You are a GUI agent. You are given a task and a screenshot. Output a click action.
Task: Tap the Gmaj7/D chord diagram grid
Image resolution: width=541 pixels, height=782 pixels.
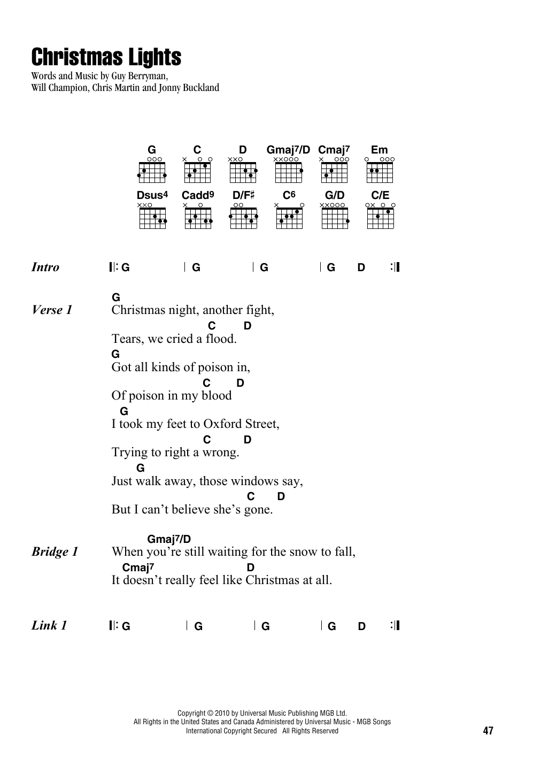(x=289, y=172)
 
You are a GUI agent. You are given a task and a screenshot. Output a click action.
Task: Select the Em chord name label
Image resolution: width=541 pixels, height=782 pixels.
(x=379, y=150)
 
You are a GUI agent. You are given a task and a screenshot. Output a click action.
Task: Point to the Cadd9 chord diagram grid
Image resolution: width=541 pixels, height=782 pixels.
(x=198, y=218)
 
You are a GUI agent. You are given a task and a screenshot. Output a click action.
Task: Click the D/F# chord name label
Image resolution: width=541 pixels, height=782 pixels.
(x=243, y=195)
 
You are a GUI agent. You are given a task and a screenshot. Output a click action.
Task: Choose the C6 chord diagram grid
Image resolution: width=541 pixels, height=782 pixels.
(x=289, y=218)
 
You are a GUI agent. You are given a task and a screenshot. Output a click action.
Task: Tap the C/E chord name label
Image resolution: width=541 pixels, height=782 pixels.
(x=380, y=195)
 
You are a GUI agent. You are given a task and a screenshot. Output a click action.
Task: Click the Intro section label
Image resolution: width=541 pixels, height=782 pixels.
(x=45, y=267)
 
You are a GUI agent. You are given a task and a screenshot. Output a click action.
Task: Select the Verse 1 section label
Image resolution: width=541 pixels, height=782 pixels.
(x=52, y=310)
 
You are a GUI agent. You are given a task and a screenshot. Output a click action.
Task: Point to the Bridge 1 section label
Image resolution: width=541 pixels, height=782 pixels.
(x=55, y=551)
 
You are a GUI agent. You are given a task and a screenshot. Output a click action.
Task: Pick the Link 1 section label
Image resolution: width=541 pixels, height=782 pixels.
(x=49, y=625)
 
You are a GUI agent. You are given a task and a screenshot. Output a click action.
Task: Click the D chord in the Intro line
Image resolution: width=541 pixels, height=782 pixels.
(x=361, y=267)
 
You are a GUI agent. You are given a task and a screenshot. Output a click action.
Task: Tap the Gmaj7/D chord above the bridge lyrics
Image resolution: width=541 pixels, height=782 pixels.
(x=169, y=539)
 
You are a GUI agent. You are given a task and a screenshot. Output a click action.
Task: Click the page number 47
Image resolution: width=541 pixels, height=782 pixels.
(x=488, y=730)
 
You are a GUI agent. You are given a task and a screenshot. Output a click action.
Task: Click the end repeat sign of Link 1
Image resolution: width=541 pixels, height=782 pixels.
(x=395, y=625)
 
